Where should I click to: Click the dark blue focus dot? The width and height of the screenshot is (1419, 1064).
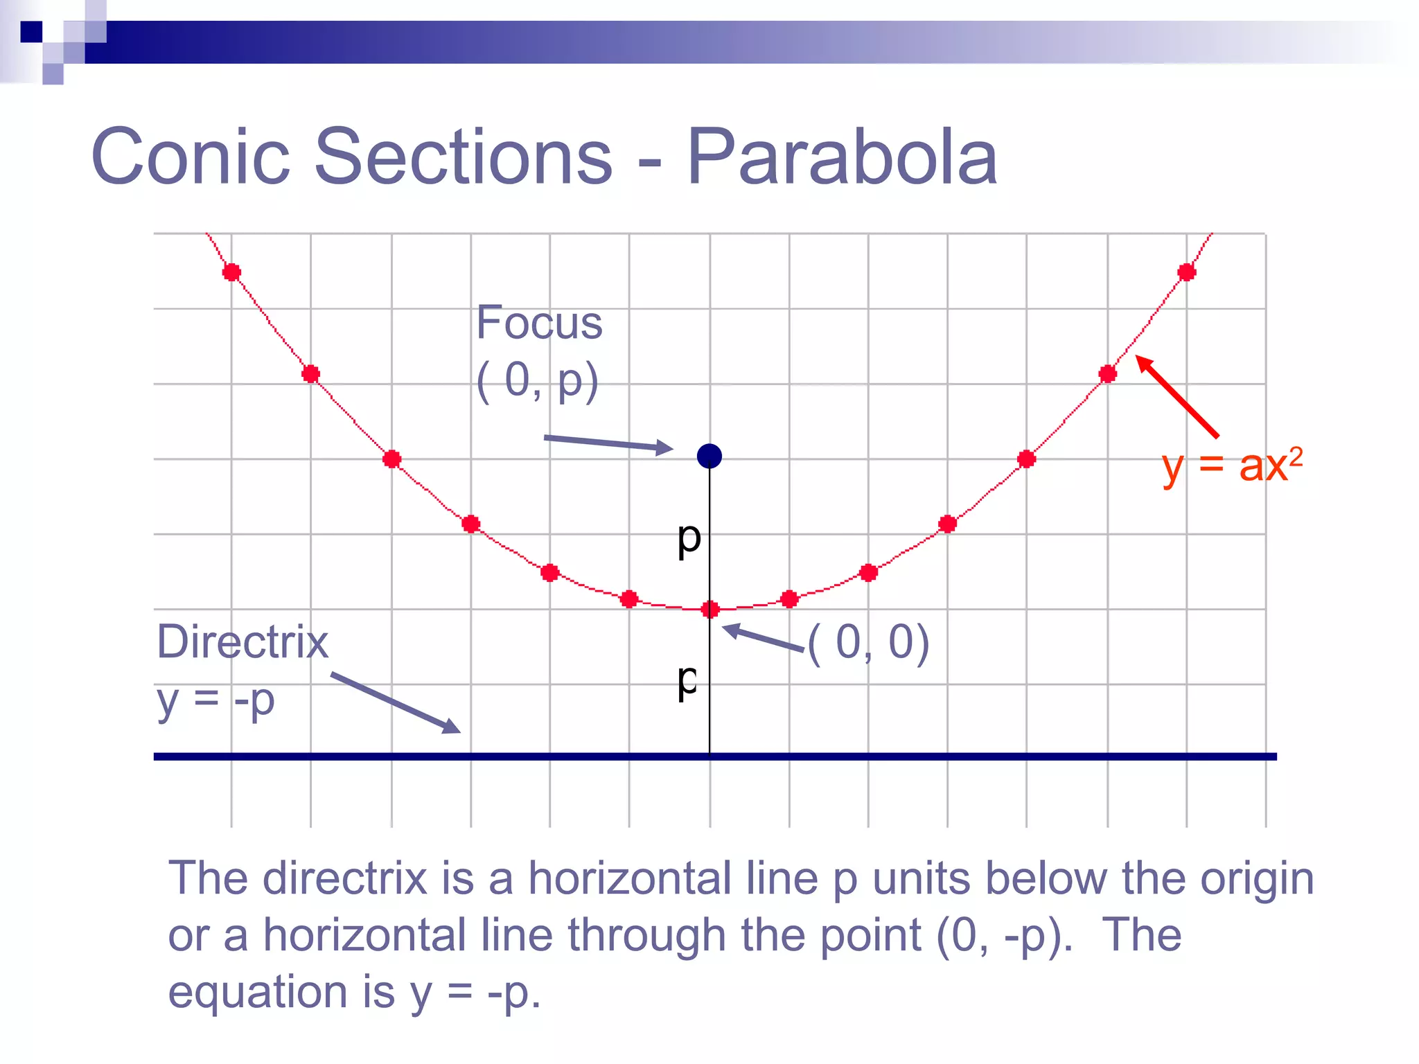(x=709, y=456)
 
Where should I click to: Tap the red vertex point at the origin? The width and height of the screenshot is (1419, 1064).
(x=709, y=610)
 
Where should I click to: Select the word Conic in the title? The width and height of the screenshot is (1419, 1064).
(x=191, y=157)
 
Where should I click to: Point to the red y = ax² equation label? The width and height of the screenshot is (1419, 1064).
(x=1231, y=465)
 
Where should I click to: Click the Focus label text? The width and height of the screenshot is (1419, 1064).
(x=539, y=323)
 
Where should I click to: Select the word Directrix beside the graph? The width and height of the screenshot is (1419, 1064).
(x=243, y=641)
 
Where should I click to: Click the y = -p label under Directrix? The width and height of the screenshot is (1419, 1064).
(x=215, y=700)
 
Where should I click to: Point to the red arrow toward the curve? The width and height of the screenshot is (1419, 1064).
(x=1176, y=396)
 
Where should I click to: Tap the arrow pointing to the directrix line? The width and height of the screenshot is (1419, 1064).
(x=395, y=702)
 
